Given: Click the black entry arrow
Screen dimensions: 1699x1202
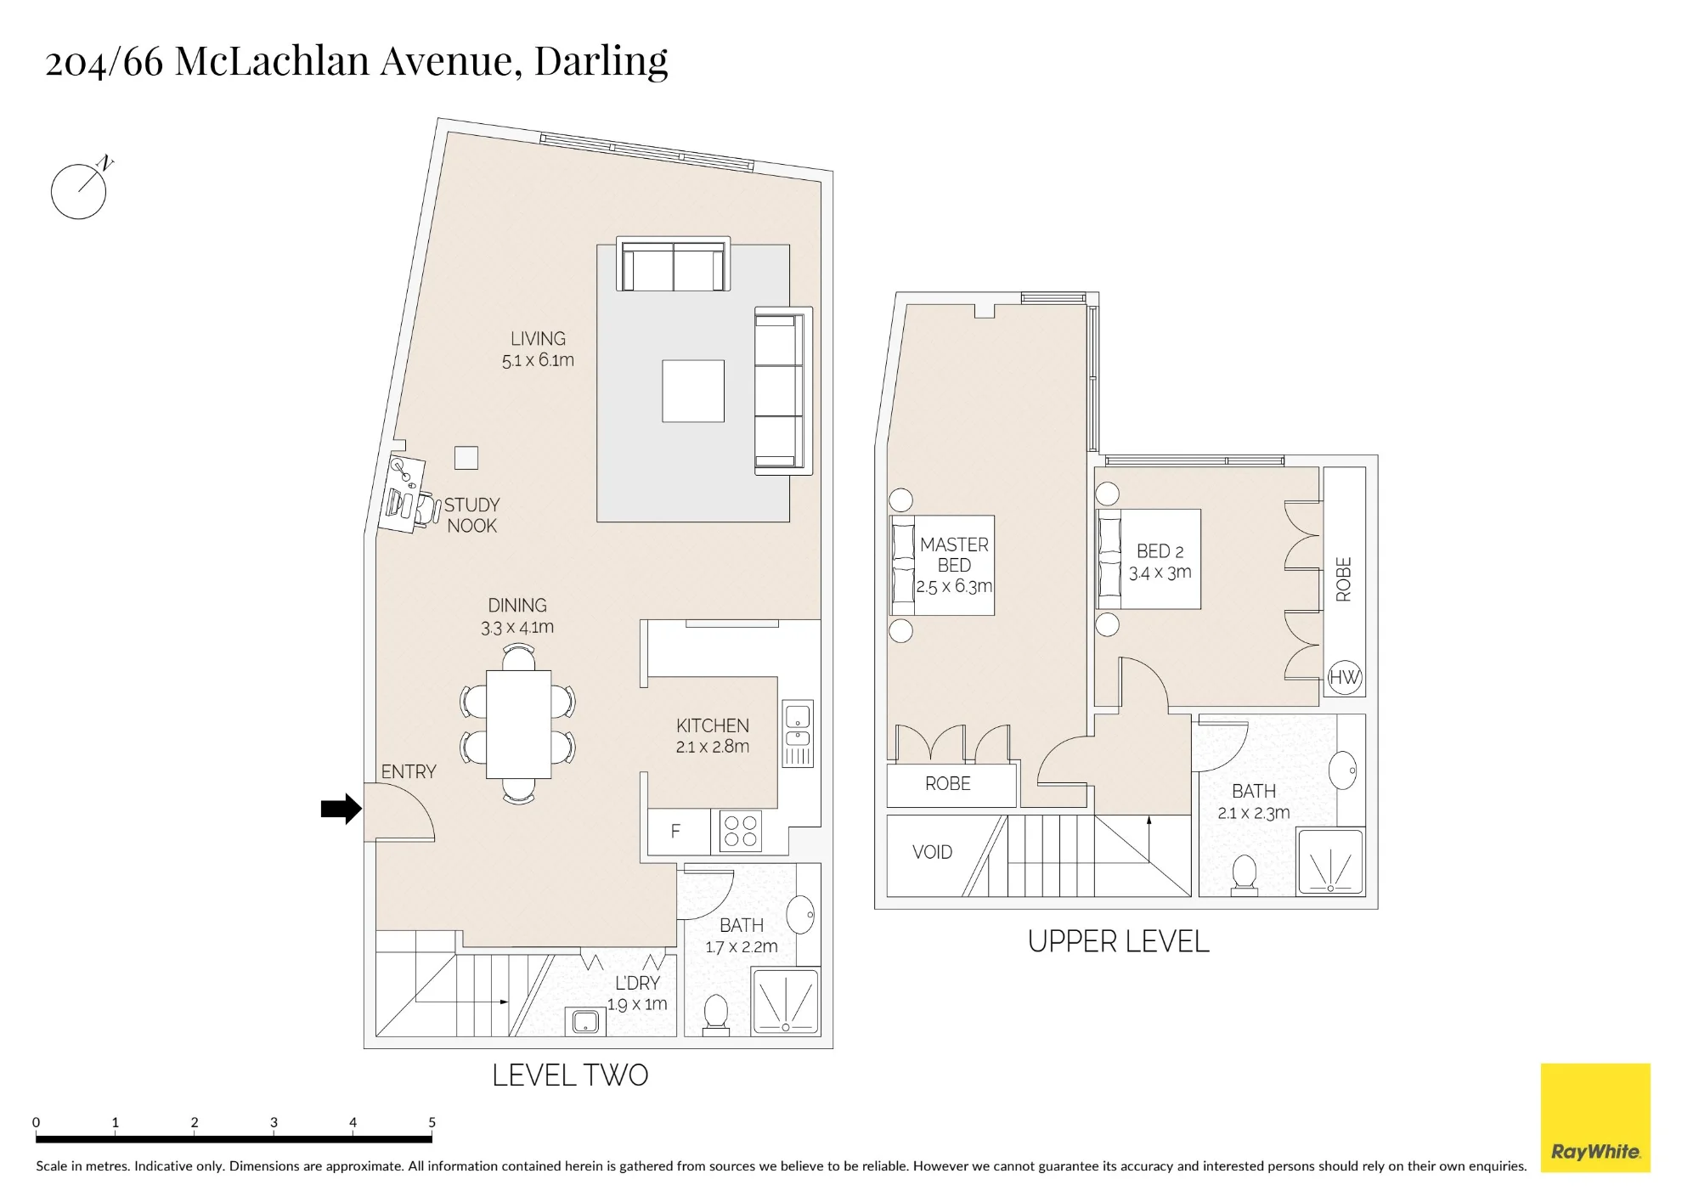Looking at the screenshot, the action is point(341,809).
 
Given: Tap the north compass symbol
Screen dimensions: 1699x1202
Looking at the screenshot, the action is point(80,189).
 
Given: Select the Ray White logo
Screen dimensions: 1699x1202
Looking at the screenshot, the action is point(1595,1118).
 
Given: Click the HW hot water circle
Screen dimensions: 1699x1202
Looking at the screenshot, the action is point(1345,677).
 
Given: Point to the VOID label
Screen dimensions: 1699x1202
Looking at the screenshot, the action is point(932,852).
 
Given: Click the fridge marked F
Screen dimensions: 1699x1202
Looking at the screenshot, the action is point(678,831).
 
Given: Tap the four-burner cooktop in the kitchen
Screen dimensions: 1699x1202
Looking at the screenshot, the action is point(740,831).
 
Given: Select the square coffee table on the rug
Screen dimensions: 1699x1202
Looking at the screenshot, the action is point(693,391).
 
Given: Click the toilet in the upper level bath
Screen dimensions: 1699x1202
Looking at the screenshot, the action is point(1245,874).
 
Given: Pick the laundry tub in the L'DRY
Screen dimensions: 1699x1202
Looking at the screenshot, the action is point(585,1021).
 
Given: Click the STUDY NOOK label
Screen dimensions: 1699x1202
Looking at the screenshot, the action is point(471,515).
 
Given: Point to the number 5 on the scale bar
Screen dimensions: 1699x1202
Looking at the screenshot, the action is point(432,1122).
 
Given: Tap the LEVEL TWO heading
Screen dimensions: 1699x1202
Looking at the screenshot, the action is point(570,1075).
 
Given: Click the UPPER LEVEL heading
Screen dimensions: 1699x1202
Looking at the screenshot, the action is point(1118,941).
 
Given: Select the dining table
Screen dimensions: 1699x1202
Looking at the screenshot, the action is point(518,725).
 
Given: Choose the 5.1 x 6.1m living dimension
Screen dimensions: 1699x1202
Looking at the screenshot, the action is point(538,360).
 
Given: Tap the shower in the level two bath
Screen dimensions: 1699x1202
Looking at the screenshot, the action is point(786,1002).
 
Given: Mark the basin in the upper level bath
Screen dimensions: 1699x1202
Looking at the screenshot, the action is point(1343,770).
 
